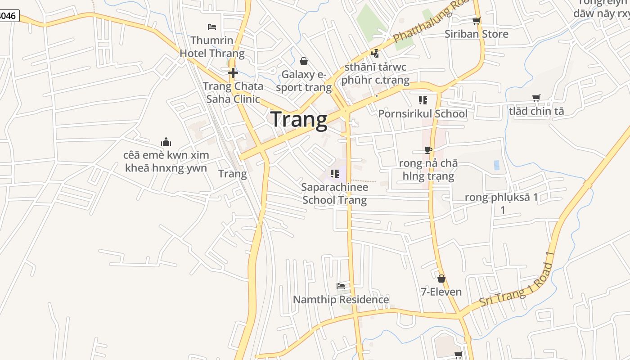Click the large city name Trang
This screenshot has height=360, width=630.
click(299, 120)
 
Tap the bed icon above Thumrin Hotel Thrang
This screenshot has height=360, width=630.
click(212, 27)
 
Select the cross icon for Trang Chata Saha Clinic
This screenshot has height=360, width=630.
click(233, 73)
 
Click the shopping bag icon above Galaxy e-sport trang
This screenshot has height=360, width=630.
click(304, 61)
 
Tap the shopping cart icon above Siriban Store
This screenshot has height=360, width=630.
click(476, 21)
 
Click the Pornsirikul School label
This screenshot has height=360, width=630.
click(423, 113)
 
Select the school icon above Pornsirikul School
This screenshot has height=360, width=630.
click(423, 100)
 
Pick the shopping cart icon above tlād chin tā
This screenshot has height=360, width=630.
click(536, 98)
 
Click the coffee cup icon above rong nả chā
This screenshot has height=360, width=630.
click(428, 150)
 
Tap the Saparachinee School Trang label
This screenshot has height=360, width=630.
click(335, 193)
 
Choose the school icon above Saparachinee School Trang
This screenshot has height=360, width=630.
click(334, 173)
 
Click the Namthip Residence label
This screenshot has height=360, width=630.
click(341, 299)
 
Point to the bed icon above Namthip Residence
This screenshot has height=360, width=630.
click(341, 286)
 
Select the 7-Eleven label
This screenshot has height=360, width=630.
click(441, 292)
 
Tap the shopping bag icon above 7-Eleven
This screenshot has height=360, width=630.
click(441, 279)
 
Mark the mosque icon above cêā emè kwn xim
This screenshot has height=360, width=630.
click(166, 142)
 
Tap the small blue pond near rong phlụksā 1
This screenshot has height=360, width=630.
click(496, 165)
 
